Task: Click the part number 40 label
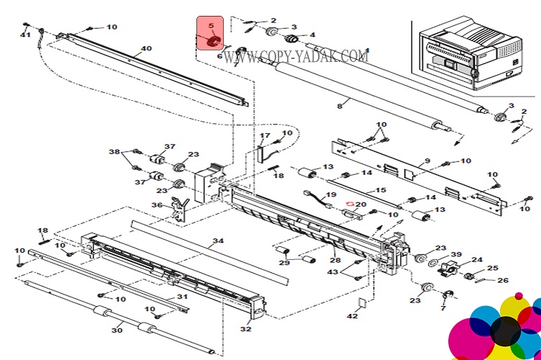pyautogui.click(x=146, y=49)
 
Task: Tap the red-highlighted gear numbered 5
pyautogui.click(x=211, y=41)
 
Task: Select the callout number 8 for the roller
pyautogui.click(x=340, y=106)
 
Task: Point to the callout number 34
pyautogui.click(x=218, y=240)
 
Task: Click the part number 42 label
pyautogui.click(x=353, y=316)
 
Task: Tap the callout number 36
pyautogui.click(x=156, y=205)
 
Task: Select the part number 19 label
pyautogui.click(x=331, y=196)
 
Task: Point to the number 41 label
pyautogui.click(x=25, y=35)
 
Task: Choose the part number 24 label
pyautogui.click(x=477, y=261)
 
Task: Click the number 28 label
pyautogui.click(x=335, y=260)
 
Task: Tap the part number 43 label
pyautogui.click(x=332, y=271)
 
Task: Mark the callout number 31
pyautogui.click(x=182, y=297)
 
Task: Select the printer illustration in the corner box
pyautogui.click(x=470, y=54)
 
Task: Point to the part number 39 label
pyautogui.click(x=456, y=255)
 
